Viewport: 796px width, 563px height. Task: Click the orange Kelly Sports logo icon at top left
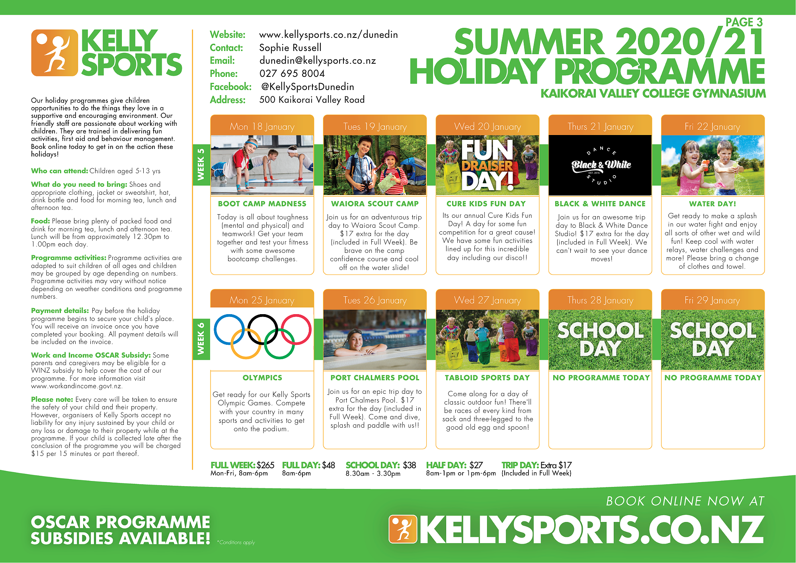click(55, 53)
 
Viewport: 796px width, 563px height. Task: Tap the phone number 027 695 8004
click(292, 74)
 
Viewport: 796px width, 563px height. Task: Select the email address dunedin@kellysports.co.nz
click(318, 61)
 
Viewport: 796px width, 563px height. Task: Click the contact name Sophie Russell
click(290, 48)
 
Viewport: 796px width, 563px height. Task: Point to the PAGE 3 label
click(744, 22)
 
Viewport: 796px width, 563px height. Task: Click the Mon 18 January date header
click(262, 127)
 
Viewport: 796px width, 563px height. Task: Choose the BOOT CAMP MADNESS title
click(262, 203)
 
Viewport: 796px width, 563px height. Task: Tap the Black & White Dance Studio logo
click(601, 165)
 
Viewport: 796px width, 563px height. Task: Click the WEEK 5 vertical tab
click(201, 164)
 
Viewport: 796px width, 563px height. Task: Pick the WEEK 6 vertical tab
click(201, 338)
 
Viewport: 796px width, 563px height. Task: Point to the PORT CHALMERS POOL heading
click(375, 377)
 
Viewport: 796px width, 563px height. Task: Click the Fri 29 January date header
click(712, 300)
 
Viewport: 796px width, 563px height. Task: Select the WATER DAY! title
click(712, 203)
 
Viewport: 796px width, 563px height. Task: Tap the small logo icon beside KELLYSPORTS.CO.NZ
click(403, 529)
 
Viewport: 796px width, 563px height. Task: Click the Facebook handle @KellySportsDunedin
click(308, 87)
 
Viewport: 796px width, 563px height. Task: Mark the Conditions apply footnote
click(236, 542)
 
